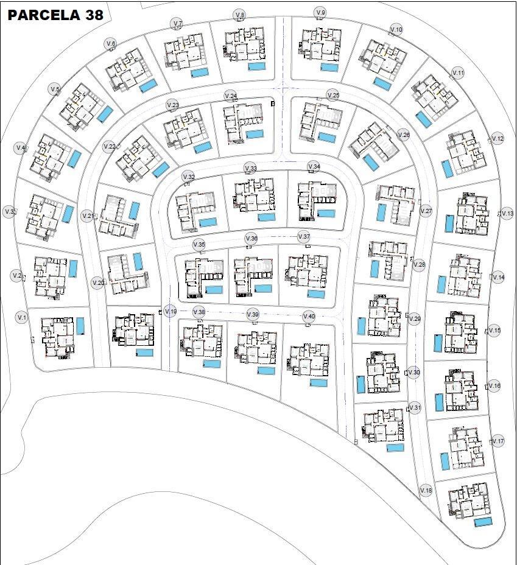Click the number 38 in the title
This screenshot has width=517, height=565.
tap(91, 15)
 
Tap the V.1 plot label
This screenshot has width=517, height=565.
tap(22, 317)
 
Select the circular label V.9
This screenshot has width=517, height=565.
tap(320, 13)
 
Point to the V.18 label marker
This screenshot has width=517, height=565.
tap(426, 491)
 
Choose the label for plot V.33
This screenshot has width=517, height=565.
tap(250, 168)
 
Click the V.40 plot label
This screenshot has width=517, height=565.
tap(309, 316)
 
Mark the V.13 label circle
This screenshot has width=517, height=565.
tap(507, 214)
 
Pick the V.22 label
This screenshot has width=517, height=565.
tap(109, 147)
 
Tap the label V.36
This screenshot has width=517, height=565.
tap(251, 238)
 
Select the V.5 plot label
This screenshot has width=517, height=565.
tap(55, 89)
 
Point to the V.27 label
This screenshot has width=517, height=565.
tap(426, 211)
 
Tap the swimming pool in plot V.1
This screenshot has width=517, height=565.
tap(80, 326)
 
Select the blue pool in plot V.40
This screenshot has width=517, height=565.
tap(318, 383)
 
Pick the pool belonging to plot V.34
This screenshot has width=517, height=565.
tap(326, 214)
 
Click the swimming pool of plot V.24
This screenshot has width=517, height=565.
tap(255, 134)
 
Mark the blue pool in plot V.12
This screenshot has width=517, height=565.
tap(448, 169)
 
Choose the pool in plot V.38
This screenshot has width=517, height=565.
tap(212, 364)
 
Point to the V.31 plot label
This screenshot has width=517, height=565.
tap(415, 407)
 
